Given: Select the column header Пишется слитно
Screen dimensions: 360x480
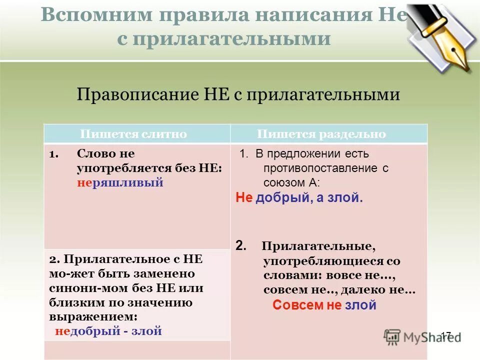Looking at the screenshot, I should click(134, 134).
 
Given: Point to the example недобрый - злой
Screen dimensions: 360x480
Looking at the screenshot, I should click(108, 331).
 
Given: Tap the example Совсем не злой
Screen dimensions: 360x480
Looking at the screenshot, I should click(324, 305).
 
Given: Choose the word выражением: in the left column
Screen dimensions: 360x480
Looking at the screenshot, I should click(93, 316).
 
